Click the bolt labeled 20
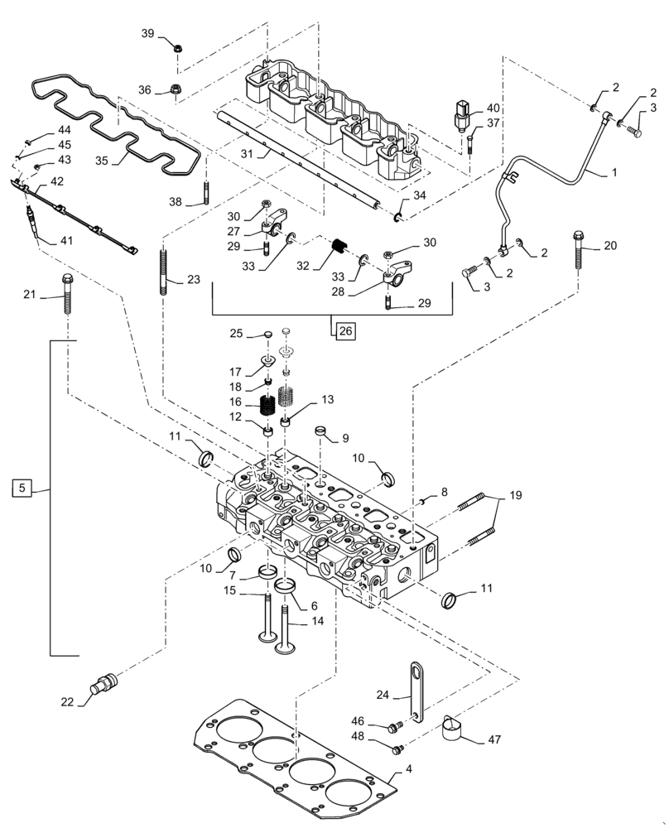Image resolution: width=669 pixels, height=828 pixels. pos(576,248)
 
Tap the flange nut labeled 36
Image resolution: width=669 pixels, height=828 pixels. pos(176,88)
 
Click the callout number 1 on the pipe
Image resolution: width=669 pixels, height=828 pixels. pos(614,172)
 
